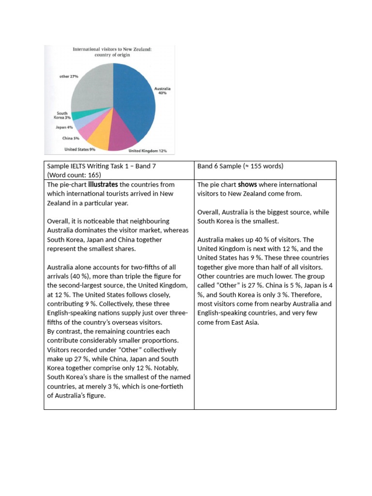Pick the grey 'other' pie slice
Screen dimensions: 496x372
(x=92, y=87)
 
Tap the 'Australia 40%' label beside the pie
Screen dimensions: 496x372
(x=162, y=91)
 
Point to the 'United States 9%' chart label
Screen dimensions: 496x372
(x=79, y=149)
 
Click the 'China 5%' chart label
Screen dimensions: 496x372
(x=71, y=138)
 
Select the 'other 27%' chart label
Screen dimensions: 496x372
(x=69, y=77)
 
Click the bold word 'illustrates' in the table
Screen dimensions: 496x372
(x=103, y=185)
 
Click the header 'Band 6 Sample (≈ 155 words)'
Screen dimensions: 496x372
(x=240, y=166)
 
